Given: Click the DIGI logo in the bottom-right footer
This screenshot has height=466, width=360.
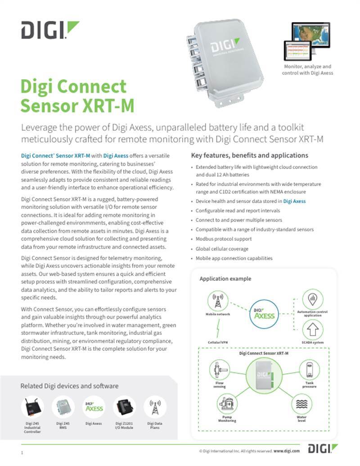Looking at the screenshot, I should click(x=323, y=448).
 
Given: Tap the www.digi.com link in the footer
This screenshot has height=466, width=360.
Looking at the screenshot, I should click(x=287, y=450).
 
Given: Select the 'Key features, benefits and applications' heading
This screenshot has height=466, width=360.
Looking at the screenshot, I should click(x=250, y=155).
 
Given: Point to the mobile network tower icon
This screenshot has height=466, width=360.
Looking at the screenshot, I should click(x=218, y=300).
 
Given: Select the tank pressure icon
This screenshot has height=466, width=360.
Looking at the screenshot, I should click(x=310, y=370).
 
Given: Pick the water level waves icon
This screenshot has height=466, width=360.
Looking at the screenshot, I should click(x=302, y=404).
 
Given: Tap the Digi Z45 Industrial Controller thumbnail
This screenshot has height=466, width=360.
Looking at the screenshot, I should click(x=32, y=407).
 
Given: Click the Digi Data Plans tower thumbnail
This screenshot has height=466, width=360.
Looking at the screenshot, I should click(x=155, y=407).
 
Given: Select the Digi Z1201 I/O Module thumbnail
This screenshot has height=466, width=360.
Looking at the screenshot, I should click(x=124, y=407).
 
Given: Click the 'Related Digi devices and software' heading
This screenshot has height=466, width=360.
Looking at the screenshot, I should click(x=69, y=386).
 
